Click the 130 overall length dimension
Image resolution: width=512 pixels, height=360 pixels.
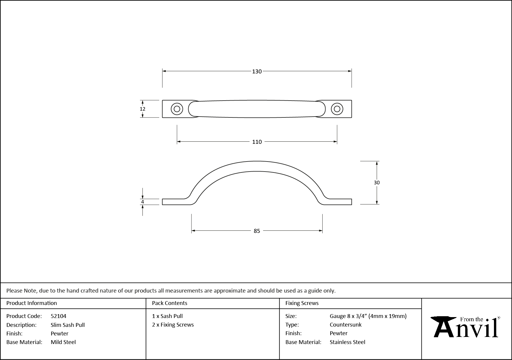[257, 71]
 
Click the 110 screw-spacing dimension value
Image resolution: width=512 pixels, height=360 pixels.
[257, 142]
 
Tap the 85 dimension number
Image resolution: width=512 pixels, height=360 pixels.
[257, 231]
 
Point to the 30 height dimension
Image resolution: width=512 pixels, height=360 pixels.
[376, 183]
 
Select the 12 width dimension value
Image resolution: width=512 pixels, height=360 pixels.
[142, 109]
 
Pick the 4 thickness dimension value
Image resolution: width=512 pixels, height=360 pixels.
[142, 202]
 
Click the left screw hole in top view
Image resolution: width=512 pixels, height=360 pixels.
[177, 109]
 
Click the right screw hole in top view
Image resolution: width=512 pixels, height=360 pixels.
[337, 109]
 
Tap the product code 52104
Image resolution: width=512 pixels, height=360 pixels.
[59, 316]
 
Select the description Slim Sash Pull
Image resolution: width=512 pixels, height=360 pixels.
[67, 325]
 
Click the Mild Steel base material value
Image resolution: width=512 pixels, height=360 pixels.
[63, 342]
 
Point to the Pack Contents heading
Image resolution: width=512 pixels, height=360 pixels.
[170, 303]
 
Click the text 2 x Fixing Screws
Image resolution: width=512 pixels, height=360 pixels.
[173, 325]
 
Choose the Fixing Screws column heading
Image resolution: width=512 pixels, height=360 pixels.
[302, 303]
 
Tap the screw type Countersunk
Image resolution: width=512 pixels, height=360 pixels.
[345, 325]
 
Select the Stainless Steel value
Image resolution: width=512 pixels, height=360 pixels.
[347, 342]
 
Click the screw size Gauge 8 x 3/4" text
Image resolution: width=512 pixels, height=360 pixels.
[368, 316]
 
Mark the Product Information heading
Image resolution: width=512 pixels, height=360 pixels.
[32, 303]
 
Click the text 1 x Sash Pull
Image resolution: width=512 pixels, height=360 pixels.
[167, 316]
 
